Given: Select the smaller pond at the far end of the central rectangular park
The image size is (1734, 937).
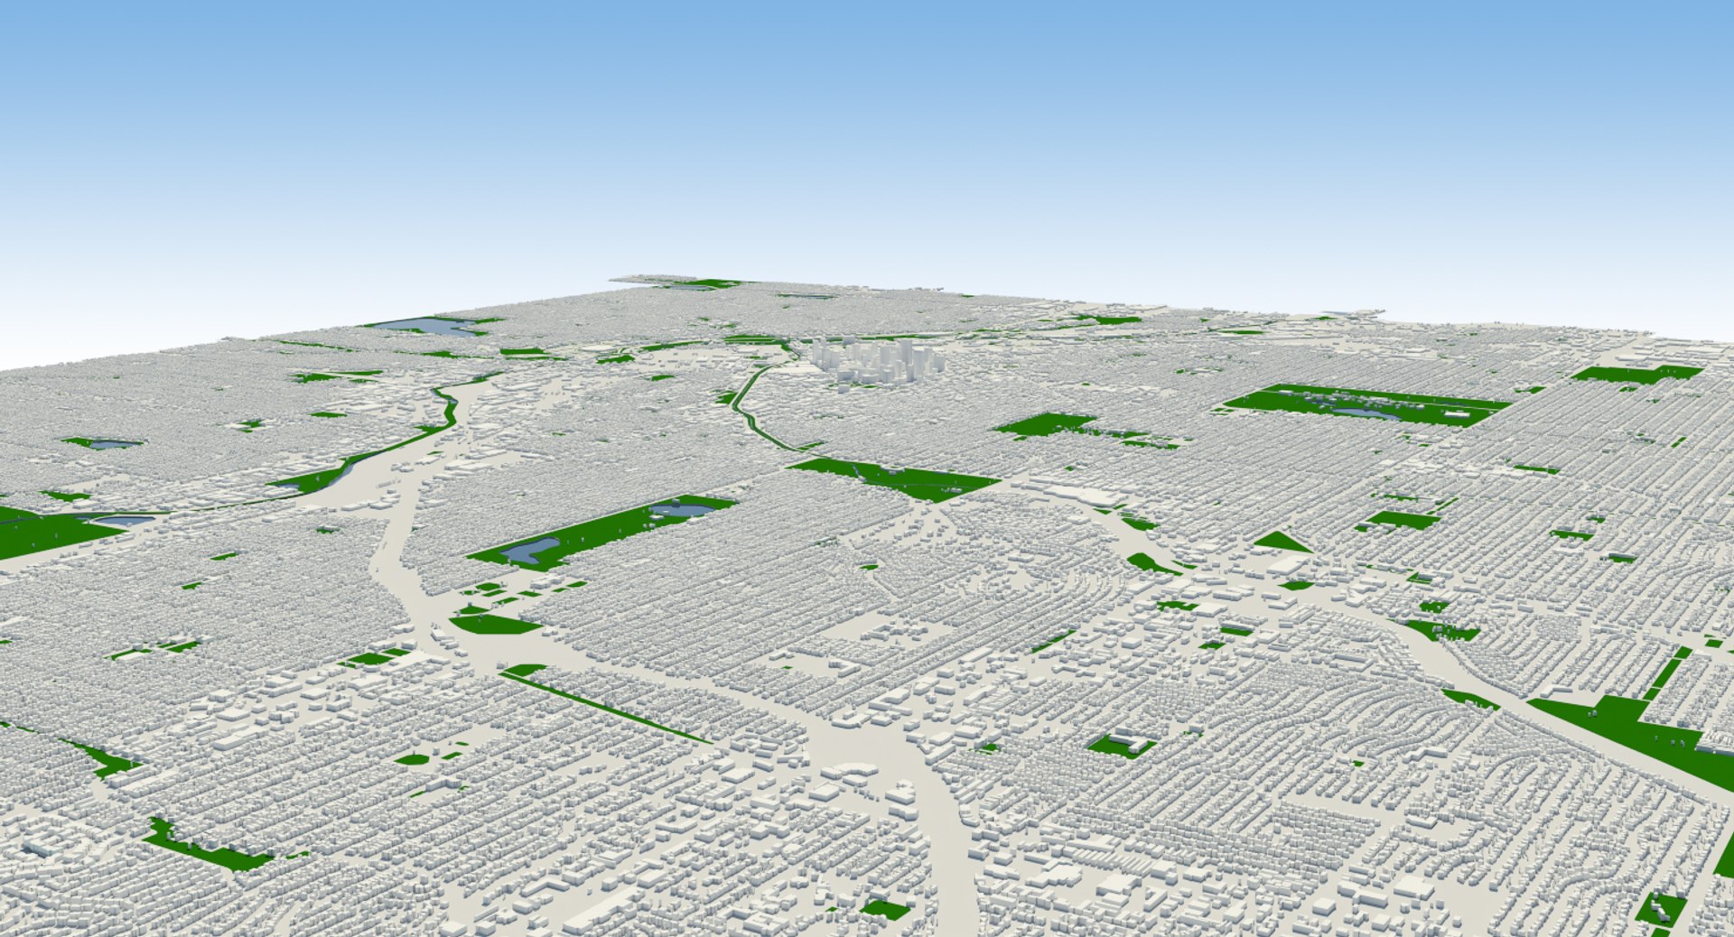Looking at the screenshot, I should tap(673, 511).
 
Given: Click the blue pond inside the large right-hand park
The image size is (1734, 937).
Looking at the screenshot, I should tap(1364, 413).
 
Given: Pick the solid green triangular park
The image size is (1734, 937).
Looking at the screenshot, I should tap(1282, 543).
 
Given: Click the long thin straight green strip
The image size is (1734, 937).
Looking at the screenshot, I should tap(605, 707).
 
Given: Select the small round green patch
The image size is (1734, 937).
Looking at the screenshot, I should tap(412, 759).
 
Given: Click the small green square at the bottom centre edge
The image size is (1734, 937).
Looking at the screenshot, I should tap(884, 909).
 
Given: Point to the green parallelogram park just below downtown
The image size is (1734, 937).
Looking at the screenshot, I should tap(894, 478).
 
